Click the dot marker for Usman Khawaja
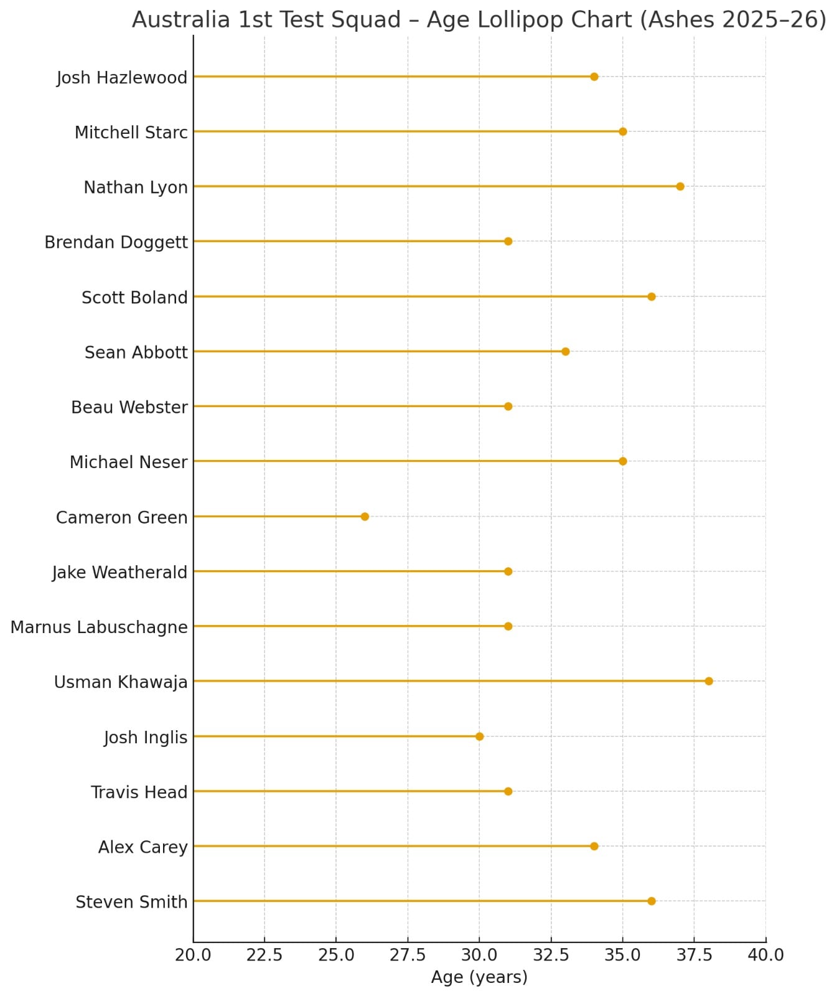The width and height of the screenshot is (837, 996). click(708, 681)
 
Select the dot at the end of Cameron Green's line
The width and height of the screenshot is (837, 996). click(365, 517)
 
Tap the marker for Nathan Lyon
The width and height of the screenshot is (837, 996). click(680, 187)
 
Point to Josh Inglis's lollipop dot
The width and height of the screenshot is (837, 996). click(479, 736)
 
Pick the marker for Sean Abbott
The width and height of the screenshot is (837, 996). click(565, 352)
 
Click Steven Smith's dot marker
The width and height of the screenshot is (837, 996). click(651, 901)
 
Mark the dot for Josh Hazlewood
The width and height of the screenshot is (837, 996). click(594, 77)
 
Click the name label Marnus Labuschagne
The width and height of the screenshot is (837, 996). click(99, 627)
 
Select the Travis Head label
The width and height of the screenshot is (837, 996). click(139, 792)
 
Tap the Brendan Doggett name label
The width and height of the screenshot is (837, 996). click(116, 242)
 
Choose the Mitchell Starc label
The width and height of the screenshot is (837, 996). click(131, 133)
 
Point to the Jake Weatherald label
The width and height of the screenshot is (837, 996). click(119, 573)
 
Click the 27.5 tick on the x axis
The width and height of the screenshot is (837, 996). click(408, 955)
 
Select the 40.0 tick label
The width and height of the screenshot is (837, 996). click(765, 955)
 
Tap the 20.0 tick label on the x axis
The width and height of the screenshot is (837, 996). click(193, 955)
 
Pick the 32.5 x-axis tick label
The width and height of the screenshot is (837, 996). click(551, 955)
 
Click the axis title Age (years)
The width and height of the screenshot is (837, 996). click(479, 977)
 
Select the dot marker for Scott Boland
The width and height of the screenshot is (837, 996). click(651, 297)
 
